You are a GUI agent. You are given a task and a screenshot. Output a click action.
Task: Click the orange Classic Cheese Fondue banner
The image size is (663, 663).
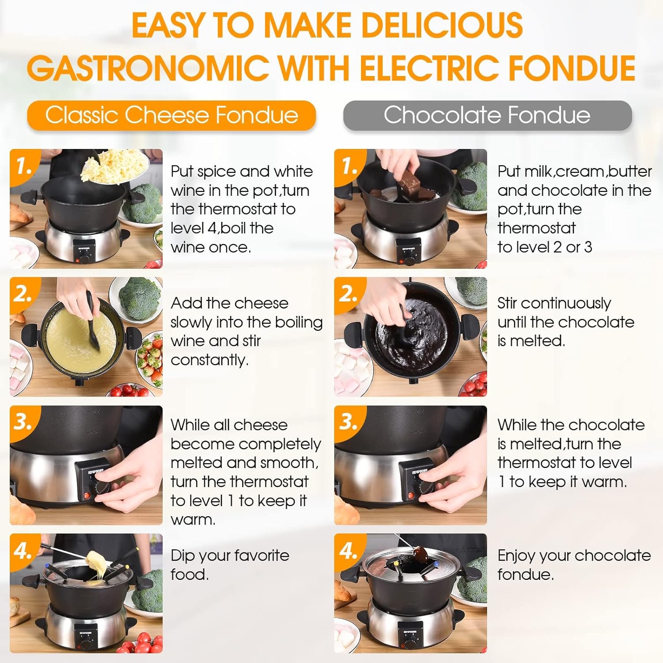171,115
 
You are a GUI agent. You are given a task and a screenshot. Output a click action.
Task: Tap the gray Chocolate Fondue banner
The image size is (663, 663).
488,115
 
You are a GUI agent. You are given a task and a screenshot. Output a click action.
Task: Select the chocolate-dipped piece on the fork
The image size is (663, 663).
419,552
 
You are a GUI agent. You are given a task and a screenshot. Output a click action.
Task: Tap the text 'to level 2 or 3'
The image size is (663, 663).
545,247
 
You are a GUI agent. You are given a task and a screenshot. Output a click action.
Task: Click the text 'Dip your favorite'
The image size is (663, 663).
230,556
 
